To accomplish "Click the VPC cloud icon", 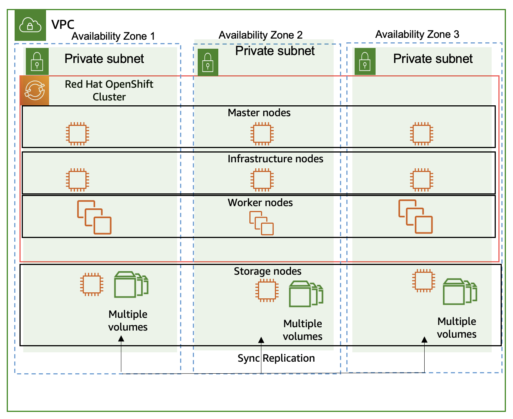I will tap(30, 25).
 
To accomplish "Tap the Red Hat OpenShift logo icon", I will tap(34, 91).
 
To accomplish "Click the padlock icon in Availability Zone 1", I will tap(37, 61).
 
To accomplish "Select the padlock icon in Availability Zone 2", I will tap(208, 62).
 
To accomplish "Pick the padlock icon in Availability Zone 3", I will tap(365, 61).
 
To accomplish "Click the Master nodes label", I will tap(259, 113).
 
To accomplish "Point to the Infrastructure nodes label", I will tap(275, 159).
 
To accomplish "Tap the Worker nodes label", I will tap(260, 203).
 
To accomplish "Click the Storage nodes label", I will tap(267, 271).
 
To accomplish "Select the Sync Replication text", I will tap(276, 358).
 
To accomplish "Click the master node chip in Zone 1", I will tap(78, 133).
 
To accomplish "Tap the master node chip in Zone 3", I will tap(422, 133).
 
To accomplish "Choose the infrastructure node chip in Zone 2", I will tap(262, 180).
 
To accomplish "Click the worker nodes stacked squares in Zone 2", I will tap(261, 223).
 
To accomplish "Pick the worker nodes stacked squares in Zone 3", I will tap(415, 217).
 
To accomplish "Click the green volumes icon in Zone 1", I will tap(131, 284).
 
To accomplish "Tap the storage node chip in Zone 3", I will tap(424, 280).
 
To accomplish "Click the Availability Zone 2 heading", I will tap(260, 35).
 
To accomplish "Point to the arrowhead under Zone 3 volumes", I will tap(424, 340).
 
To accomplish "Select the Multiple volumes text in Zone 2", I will tap(303, 330).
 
